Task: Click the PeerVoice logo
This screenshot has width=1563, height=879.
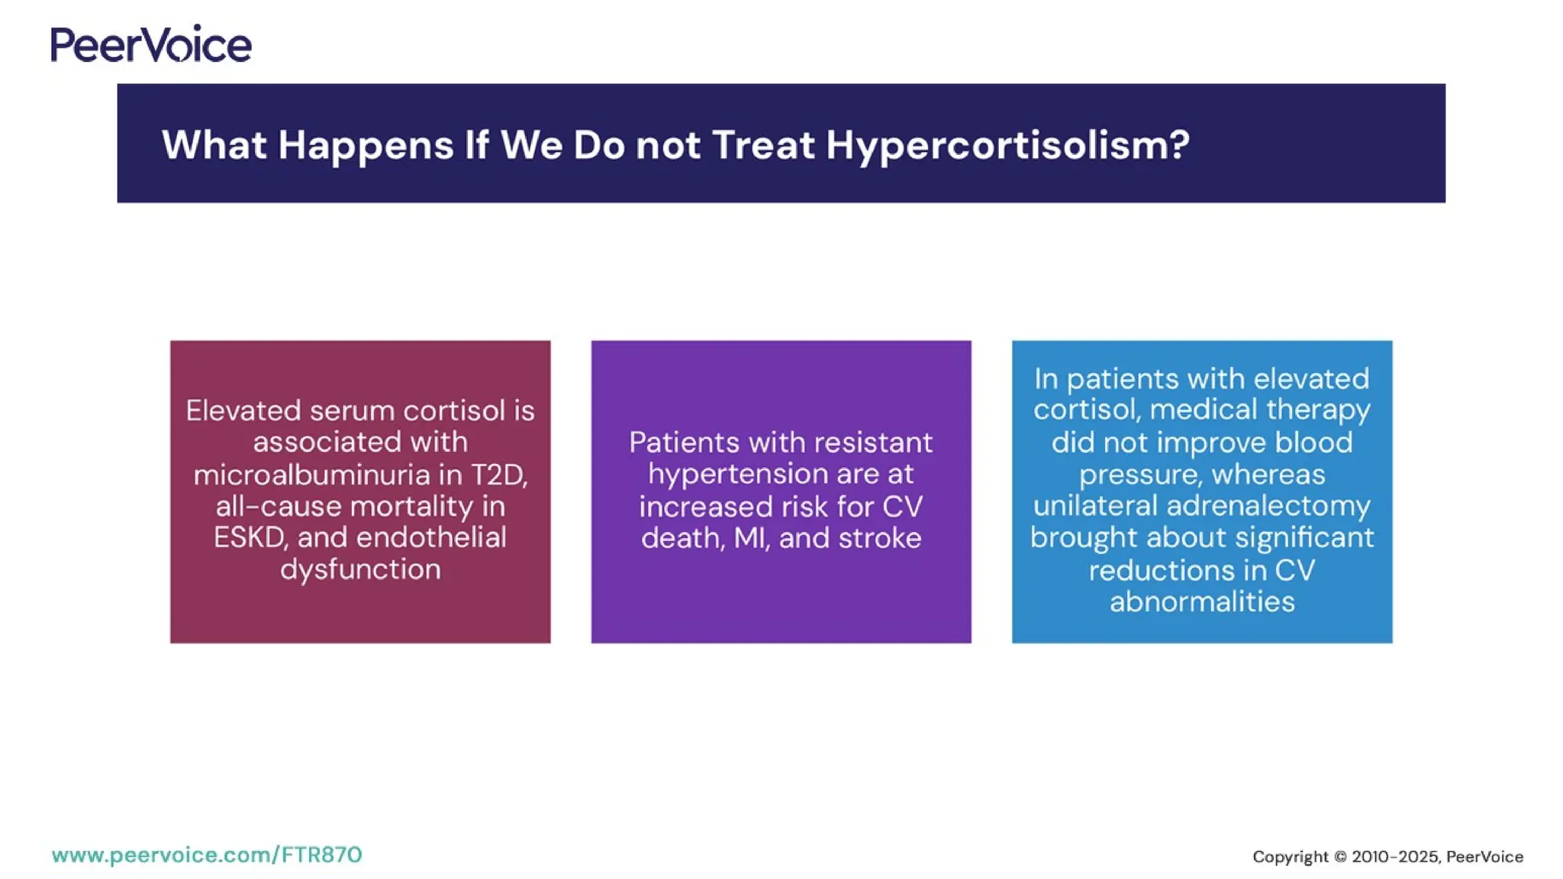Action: (x=151, y=44)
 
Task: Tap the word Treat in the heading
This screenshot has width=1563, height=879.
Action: (x=763, y=145)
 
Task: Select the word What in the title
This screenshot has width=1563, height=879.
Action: (x=214, y=145)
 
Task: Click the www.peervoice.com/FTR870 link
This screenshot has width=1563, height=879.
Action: (x=207, y=855)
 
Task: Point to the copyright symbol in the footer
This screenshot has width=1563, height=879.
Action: (x=1340, y=857)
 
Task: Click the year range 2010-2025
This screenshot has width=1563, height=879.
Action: (x=1395, y=857)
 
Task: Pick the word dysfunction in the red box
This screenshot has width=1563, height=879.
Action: (x=360, y=569)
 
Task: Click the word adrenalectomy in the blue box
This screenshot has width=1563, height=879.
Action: (x=1268, y=506)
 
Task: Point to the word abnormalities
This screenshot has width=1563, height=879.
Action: (x=1202, y=601)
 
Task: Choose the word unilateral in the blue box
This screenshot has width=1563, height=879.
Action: (x=1096, y=506)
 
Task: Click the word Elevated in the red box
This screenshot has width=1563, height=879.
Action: (x=243, y=411)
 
